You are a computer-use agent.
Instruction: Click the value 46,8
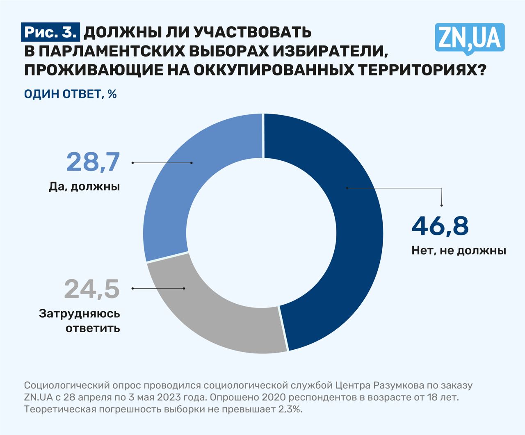440,226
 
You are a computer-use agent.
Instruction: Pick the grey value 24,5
92,289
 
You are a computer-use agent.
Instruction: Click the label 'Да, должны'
84,187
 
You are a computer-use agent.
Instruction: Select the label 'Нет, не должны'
459,250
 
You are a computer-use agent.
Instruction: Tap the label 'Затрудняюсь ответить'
80,321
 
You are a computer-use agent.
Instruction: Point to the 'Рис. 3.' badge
50,32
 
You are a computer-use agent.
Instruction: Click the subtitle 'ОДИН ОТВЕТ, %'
71,94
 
